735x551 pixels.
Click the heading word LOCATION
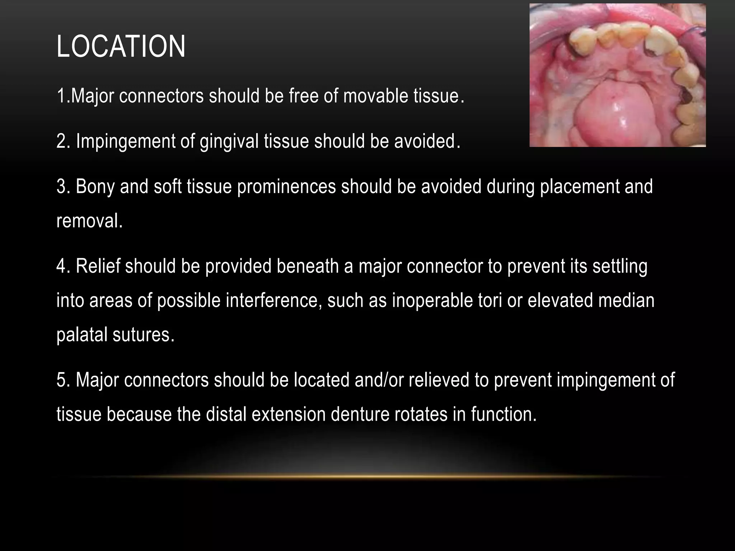coord(121,47)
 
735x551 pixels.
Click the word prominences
coord(286,187)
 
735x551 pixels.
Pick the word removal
coord(89,221)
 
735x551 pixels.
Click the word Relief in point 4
coord(98,267)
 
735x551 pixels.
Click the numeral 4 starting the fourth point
coord(61,267)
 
